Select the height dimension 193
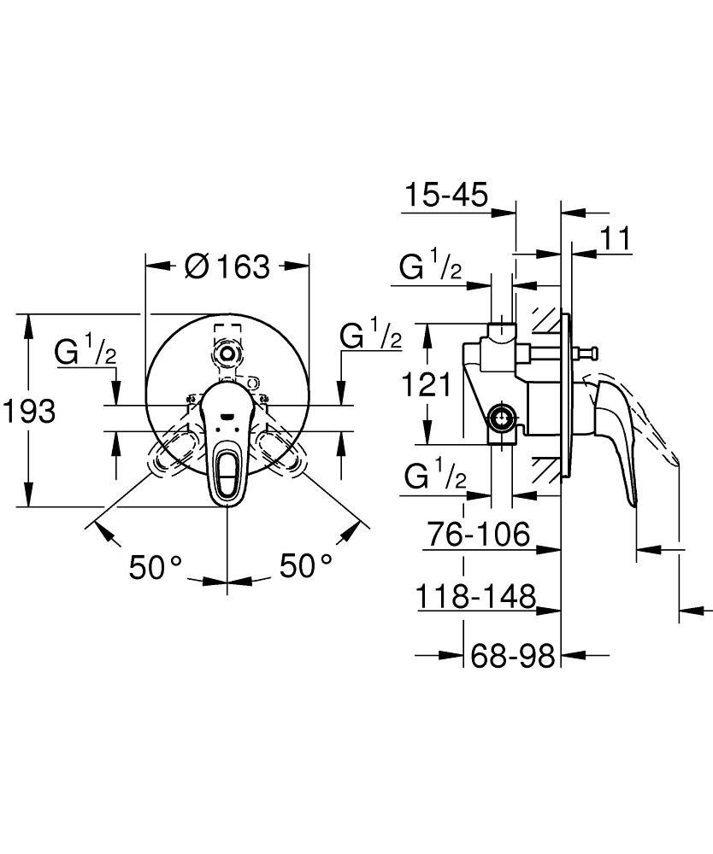(x=28, y=412)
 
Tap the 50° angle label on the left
(x=156, y=565)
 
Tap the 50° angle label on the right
(x=305, y=565)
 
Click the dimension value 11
(x=615, y=240)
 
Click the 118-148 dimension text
(x=475, y=596)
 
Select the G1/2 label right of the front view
(x=370, y=336)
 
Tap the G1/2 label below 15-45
(x=432, y=268)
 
